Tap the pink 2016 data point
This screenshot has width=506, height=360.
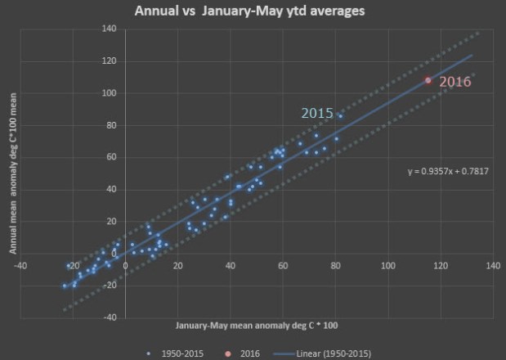coord(428,80)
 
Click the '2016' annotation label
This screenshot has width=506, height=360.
coord(455,82)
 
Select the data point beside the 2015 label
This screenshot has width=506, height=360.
coord(340,116)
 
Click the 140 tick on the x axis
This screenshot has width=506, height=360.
coord(493,265)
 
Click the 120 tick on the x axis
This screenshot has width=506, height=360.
coord(441,265)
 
